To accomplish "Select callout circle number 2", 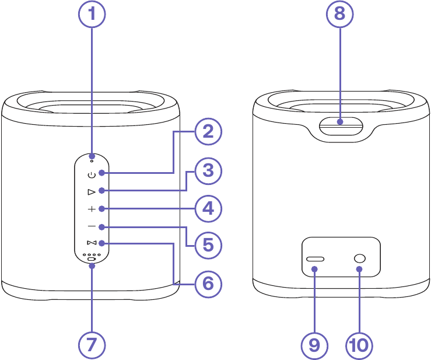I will [x=208, y=132].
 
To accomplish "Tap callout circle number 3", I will [x=208, y=170].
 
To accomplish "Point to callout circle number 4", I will [x=208, y=208].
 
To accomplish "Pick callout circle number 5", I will [x=208, y=246].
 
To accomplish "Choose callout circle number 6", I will [x=208, y=284].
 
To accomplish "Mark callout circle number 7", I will [x=92, y=344].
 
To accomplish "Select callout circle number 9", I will [x=315, y=345].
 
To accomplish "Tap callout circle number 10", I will [x=359, y=345].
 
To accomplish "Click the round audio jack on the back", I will [x=359, y=258].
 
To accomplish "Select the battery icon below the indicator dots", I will [x=92, y=259].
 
